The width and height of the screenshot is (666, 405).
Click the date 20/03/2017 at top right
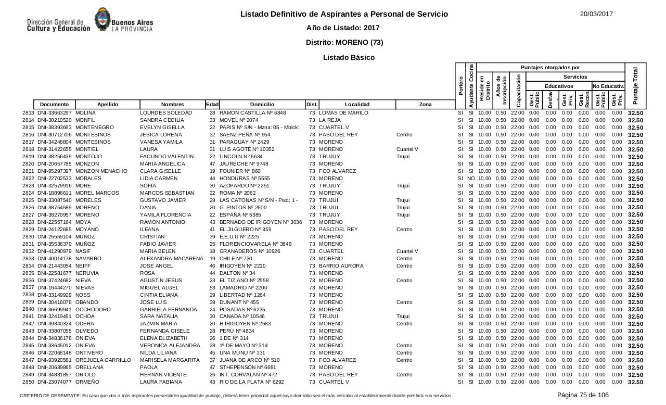[x=596, y=14]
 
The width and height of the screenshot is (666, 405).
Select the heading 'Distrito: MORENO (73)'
[x=344, y=42]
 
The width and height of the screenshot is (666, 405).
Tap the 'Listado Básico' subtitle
[x=349, y=57]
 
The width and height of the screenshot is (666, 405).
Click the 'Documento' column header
[x=54, y=105]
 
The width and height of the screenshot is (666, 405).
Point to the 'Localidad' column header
[x=357, y=105]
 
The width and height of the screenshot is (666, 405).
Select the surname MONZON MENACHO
[x=101, y=171]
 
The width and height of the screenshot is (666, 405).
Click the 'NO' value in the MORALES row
[x=471, y=179]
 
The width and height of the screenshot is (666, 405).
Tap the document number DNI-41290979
[x=55, y=251]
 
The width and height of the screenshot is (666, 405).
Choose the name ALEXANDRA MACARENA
[x=171, y=259]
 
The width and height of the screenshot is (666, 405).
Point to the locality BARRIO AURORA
[x=341, y=266]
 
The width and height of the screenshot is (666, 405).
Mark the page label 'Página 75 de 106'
[x=583, y=395]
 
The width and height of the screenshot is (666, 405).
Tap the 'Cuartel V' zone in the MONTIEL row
[x=407, y=149]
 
